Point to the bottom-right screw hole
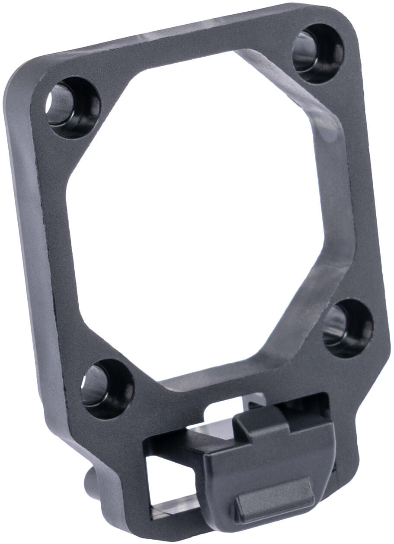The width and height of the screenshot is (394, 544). click(x=349, y=328)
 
